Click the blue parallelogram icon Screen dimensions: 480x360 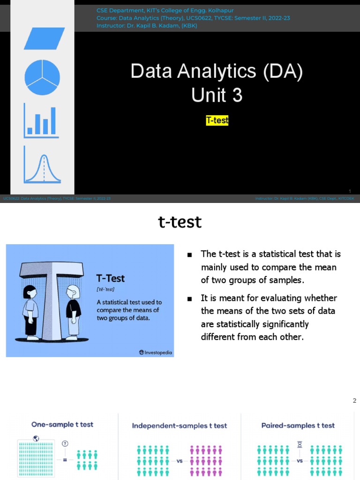point(44,38)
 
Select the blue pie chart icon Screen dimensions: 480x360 point(42,77)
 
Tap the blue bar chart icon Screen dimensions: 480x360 point(41,121)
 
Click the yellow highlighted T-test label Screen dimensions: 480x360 point(217,120)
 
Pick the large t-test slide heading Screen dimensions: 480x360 point(180,222)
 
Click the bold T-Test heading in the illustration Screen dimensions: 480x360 point(111,278)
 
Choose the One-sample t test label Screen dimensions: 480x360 point(62,424)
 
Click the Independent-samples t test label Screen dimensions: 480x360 point(180,426)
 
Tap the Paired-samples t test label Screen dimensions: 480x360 point(298,425)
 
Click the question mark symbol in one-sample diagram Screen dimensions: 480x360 point(65,443)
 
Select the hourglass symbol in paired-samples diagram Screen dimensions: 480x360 point(300,444)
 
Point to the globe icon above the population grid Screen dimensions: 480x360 point(36,439)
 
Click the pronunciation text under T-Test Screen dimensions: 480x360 point(105,290)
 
